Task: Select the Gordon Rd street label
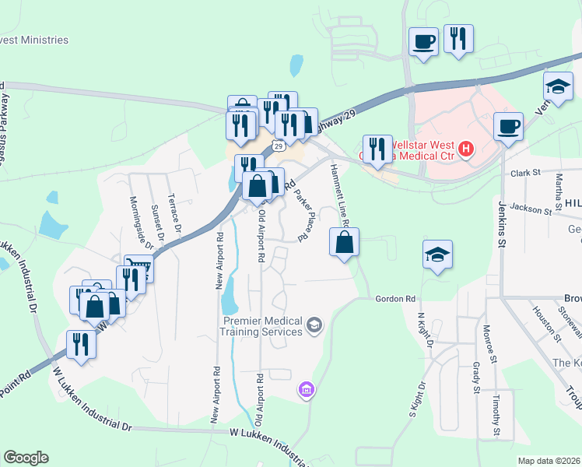396,299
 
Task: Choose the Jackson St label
531,209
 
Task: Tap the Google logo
26,458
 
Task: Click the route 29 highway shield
277,145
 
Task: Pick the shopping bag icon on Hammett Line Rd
344,242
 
